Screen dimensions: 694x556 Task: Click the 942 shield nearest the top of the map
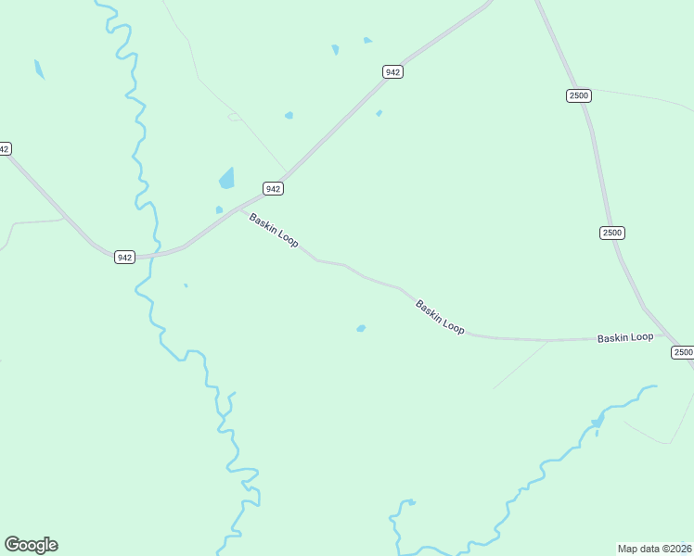[392, 71]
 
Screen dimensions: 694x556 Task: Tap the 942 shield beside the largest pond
[272, 188]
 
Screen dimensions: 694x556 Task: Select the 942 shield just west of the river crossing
[125, 257]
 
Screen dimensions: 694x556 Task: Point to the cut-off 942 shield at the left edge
[5, 148]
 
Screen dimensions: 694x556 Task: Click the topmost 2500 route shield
[579, 95]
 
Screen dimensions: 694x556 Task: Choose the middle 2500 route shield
[611, 233]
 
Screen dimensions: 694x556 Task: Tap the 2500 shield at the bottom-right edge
[682, 352]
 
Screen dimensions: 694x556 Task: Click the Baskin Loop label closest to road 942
[274, 230]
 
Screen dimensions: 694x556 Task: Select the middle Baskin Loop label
[440, 317]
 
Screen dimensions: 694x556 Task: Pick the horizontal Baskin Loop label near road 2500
[625, 338]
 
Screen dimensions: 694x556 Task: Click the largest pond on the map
[227, 178]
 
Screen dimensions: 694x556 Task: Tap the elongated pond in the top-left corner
[39, 69]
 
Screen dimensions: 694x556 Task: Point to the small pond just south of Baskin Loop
[361, 328]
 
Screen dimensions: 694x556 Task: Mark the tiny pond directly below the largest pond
[219, 210]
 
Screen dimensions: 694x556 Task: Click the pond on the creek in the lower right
[598, 423]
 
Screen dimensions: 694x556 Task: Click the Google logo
[31, 545]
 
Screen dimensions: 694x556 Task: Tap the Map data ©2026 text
[655, 549]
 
